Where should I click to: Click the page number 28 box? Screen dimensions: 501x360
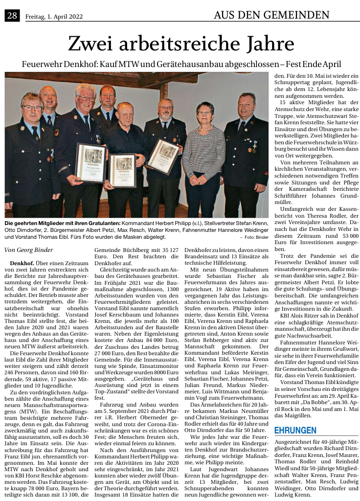point(12,16)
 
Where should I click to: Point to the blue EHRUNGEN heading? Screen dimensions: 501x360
point(295,431)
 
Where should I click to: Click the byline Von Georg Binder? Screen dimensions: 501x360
point(28,250)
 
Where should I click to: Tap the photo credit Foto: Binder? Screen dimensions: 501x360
point(255,237)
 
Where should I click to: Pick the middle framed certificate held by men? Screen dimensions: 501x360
point(122,169)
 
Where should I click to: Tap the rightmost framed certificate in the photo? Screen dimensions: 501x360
point(163,156)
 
